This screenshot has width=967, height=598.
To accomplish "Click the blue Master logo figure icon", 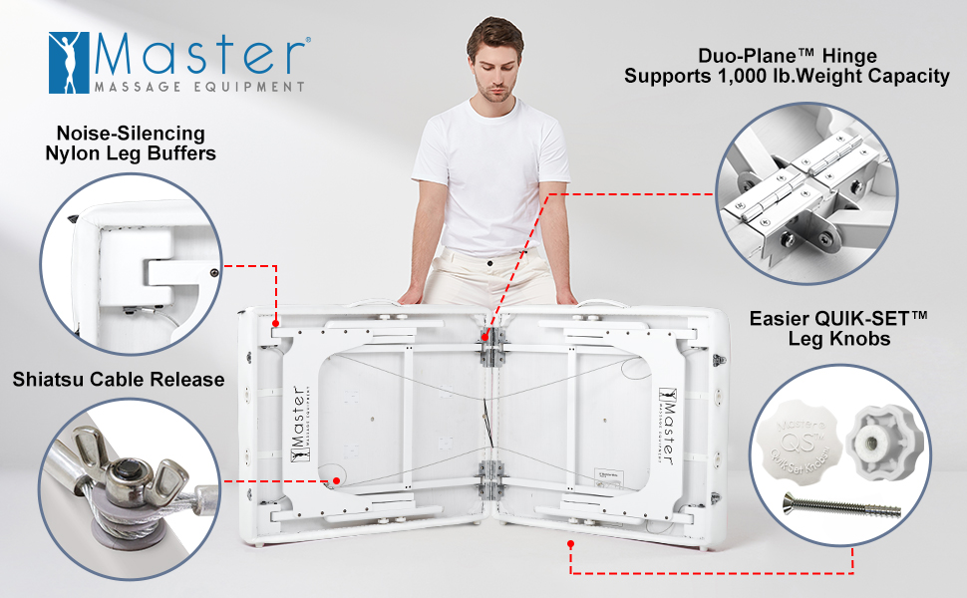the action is coord(68,63).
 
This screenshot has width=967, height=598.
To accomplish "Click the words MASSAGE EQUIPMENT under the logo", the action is coord(200,87).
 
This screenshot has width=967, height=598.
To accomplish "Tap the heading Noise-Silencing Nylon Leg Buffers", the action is coord(131,143).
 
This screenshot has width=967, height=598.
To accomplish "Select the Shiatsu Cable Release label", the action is coord(119,380).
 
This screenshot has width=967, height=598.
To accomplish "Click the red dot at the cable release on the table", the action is coord(337,480).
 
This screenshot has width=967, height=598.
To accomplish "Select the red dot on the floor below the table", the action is coord(570,543).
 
